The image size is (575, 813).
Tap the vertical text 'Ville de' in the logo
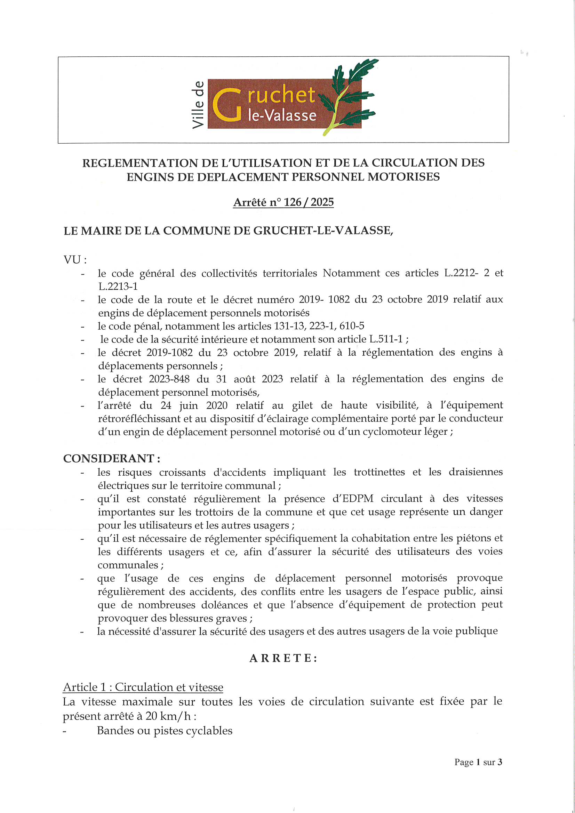tap(198, 105)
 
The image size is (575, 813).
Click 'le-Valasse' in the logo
tap(282, 115)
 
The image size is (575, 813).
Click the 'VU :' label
tap(75, 260)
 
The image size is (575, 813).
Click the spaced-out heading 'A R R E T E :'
tap(283, 658)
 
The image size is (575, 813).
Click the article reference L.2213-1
tap(118, 286)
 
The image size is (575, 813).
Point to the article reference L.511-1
tap(385, 339)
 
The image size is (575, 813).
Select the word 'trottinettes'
tap(379, 472)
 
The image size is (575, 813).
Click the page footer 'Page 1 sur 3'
tap(478, 762)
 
